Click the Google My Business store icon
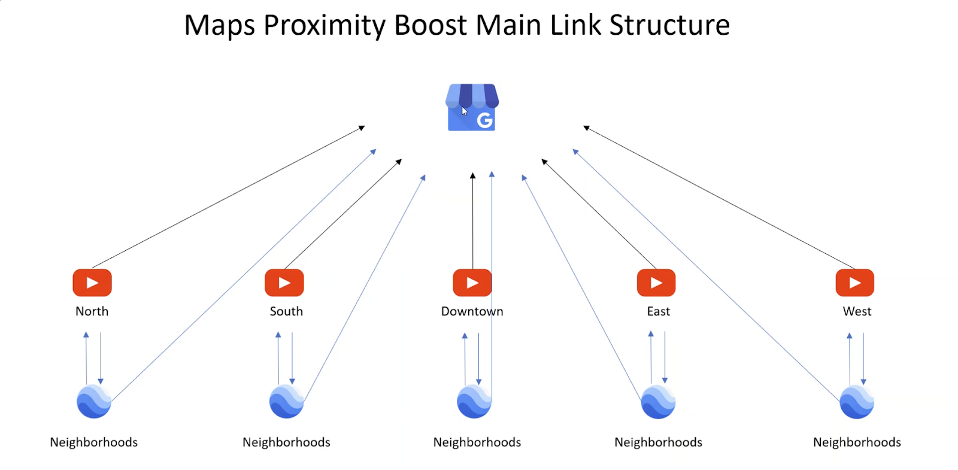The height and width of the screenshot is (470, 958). [472, 108]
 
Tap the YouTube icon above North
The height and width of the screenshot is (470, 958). [92, 283]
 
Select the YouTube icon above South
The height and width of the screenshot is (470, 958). [284, 283]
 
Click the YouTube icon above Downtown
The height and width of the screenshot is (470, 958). [472, 283]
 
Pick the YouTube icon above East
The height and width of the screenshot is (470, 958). [656, 283]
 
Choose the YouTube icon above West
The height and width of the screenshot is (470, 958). [854, 283]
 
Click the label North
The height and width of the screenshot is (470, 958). [92, 311]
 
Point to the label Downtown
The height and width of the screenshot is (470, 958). [472, 311]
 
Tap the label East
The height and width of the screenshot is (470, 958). [658, 311]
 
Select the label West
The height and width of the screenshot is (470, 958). [857, 311]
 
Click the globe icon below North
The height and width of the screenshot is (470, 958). [94, 401]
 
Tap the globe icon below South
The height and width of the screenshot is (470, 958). [286, 401]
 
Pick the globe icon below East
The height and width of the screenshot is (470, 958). [658, 401]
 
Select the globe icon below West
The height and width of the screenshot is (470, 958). [857, 401]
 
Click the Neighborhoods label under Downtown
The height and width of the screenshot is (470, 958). [477, 442]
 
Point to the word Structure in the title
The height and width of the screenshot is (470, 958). [669, 26]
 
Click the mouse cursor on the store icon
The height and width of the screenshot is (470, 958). [465, 111]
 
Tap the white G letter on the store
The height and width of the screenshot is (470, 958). [485, 121]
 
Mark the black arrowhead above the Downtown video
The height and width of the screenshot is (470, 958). [472, 175]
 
